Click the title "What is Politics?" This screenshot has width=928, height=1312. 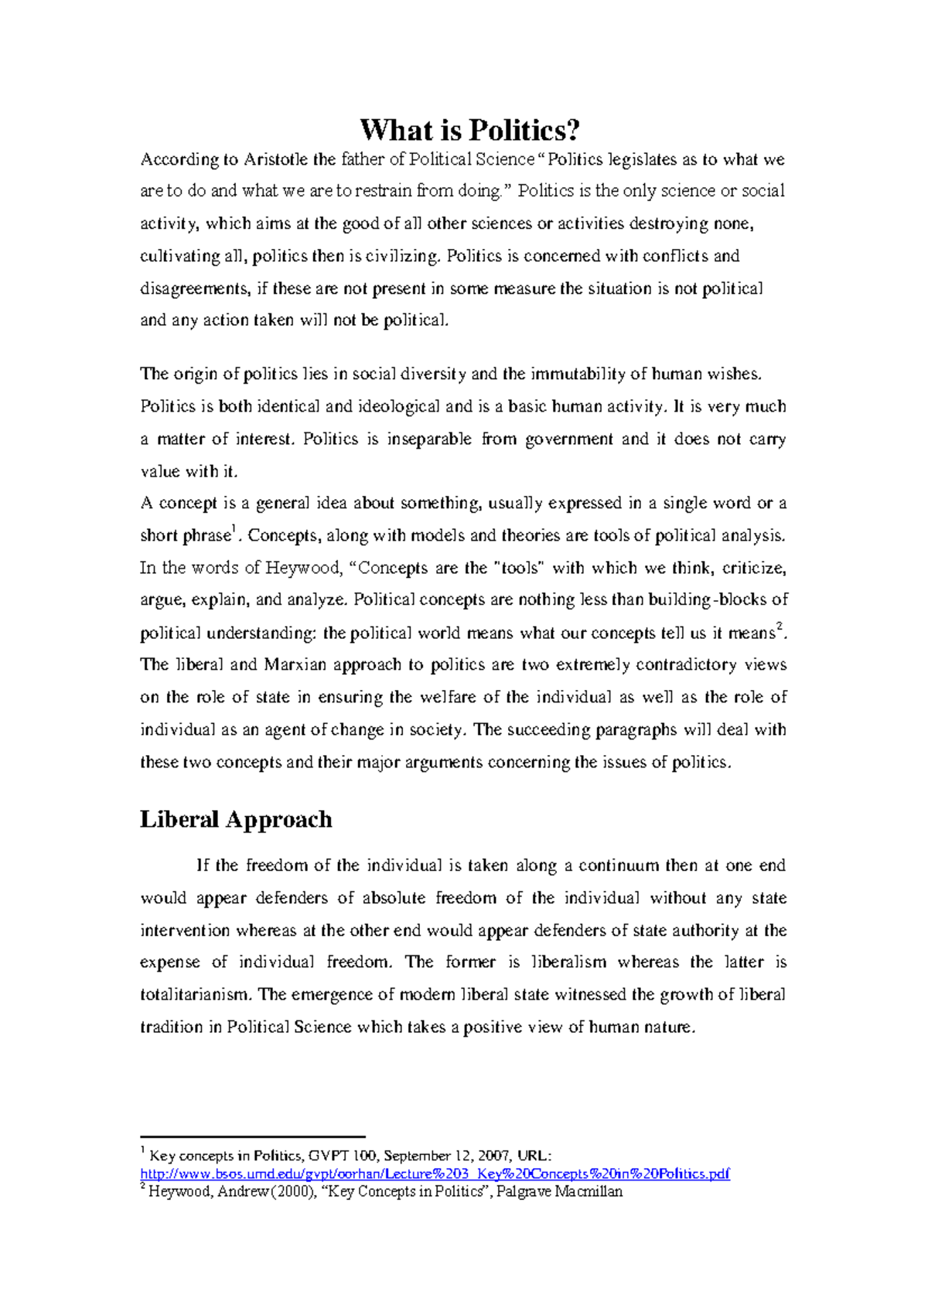click(469, 129)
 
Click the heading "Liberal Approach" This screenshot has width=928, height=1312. click(236, 818)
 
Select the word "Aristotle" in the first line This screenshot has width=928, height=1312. click(276, 159)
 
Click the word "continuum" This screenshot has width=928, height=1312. click(619, 866)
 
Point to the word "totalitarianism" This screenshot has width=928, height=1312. click(195, 995)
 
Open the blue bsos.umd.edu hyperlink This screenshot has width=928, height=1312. click(435, 1174)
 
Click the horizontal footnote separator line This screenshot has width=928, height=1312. click(252, 1136)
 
